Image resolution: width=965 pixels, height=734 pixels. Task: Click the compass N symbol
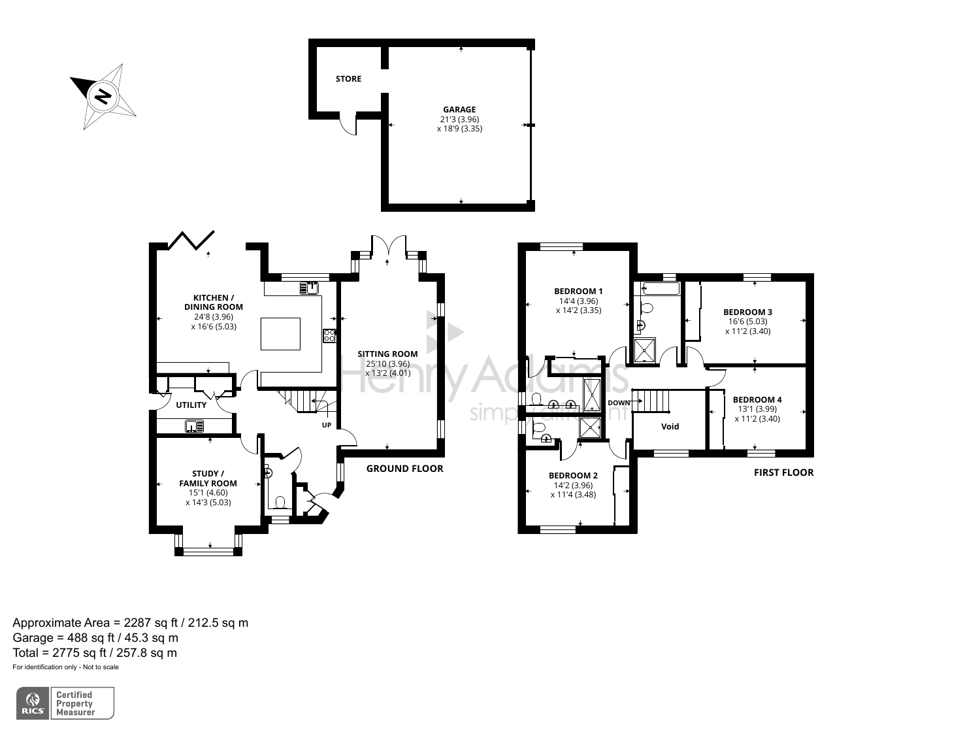pos(103,96)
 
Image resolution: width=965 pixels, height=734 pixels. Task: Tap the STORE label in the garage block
pos(348,79)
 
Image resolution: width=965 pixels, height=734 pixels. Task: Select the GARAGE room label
pos(459,110)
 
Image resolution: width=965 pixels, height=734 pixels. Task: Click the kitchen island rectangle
pos(280,333)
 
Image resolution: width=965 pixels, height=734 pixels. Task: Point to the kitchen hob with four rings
pos(330,336)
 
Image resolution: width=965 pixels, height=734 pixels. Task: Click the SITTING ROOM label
pos(387,354)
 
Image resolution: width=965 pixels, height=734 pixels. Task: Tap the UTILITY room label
pos(191,405)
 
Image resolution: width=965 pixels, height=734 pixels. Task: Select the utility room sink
pos(194,426)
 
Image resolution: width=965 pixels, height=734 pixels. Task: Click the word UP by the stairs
pos(327,425)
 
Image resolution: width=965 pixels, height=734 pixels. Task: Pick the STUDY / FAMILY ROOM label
pos(208,478)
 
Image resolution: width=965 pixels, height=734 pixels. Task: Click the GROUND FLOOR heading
pos(404,469)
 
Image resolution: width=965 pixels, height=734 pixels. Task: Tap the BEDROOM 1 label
pos(578,292)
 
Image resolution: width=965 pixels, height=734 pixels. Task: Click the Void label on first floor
pos(670,427)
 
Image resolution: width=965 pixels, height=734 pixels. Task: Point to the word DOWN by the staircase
pos(619,403)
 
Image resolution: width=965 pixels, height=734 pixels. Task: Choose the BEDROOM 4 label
pos(757,399)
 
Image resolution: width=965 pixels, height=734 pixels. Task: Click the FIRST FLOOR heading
pos(783,473)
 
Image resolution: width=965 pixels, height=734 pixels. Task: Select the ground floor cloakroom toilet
pos(281,502)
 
